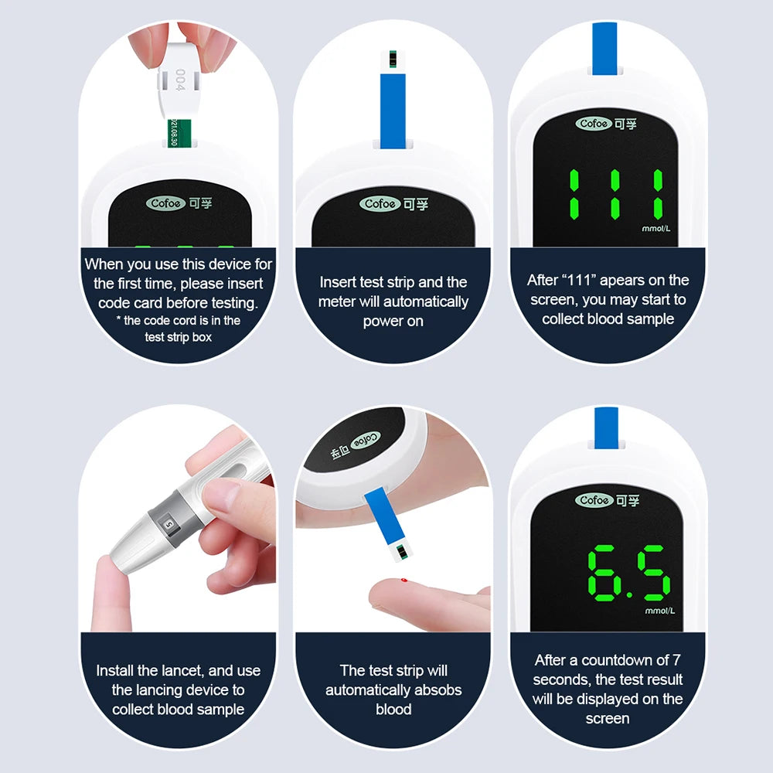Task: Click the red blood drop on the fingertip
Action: tap(404, 581)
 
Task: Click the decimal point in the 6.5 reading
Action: tap(628, 594)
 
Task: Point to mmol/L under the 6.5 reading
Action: tap(659, 611)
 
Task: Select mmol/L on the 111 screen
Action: tap(656, 229)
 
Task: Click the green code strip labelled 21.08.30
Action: tap(179, 133)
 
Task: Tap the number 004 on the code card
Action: tap(180, 80)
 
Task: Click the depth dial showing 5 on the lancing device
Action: tap(169, 525)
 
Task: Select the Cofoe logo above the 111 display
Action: tap(594, 123)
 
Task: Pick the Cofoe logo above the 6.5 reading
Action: tap(594, 500)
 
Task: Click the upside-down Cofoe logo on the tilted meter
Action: tap(366, 441)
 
